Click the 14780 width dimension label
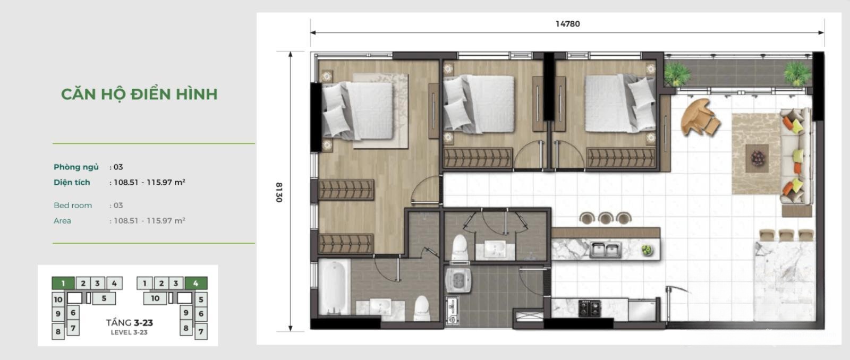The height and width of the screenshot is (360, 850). click(568, 24)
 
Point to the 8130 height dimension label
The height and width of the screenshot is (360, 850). click(279, 192)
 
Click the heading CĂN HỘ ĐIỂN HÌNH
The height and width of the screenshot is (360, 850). click(139, 94)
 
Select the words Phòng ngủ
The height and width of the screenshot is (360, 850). click(76, 167)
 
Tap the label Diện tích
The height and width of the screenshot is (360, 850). click(72, 183)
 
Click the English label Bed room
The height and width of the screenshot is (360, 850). click(72, 205)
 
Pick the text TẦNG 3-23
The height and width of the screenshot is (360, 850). click(130, 323)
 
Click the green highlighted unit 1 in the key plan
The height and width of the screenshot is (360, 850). click(63, 283)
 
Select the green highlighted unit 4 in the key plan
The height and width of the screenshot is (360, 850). click(196, 283)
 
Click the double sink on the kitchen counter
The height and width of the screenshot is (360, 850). click(606, 250)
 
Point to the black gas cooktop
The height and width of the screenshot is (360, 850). click(589, 308)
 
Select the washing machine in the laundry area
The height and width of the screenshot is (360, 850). click(458, 280)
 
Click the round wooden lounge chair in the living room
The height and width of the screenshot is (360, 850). click(699, 117)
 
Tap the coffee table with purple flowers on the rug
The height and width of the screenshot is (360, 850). click(757, 158)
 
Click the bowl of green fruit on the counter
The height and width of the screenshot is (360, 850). click(647, 250)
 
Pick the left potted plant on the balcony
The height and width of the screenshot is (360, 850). click(677, 74)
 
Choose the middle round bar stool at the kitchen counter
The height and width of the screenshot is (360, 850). click(606, 218)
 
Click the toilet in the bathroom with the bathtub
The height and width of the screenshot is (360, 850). click(422, 308)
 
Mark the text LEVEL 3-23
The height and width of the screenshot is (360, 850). click(129, 333)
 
